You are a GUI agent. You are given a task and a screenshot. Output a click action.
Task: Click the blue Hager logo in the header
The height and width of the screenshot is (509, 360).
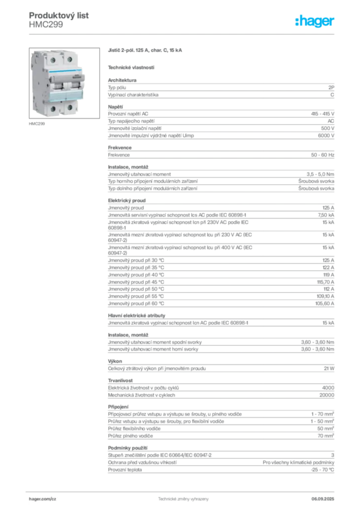315,21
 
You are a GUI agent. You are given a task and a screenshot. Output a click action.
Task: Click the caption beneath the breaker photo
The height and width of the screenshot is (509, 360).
38,124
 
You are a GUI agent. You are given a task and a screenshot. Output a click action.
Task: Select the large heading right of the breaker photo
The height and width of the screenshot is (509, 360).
145,51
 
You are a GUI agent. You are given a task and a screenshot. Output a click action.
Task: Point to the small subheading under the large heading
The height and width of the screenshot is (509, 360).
131,67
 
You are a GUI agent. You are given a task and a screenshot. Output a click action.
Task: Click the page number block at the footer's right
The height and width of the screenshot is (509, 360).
326,497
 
